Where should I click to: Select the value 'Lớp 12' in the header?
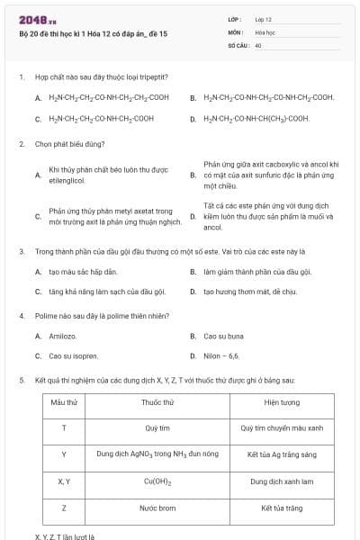[263, 19]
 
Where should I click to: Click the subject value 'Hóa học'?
[265, 31]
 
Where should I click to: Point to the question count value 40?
[258, 44]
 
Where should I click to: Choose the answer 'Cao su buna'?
[224, 336]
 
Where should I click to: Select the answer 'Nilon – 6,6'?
[221, 356]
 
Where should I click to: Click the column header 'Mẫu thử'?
[64, 401]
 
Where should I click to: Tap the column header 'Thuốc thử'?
[157, 401]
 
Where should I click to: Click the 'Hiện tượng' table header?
[282, 401]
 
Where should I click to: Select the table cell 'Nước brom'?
[157, 508]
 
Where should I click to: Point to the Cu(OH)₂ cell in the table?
[157, 481]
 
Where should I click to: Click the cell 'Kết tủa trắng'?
[282, 508]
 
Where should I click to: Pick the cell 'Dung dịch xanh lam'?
[282, 481]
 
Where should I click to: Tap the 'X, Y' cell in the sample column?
[64, 481]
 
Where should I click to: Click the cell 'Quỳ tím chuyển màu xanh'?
[282, 428]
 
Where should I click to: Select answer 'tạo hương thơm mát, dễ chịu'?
[249, 292]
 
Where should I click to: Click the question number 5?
[21, 381]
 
